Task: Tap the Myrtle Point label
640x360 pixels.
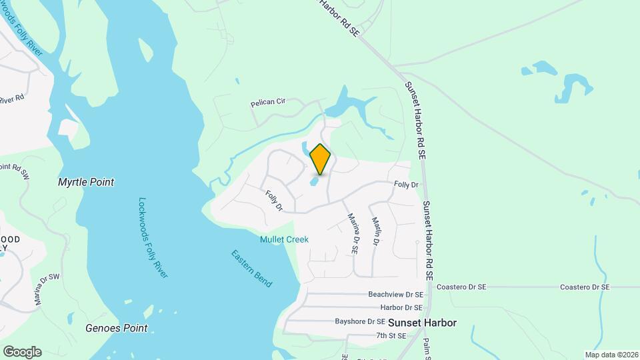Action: [x=86, y=182]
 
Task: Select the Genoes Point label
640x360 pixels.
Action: [x=116, y=328]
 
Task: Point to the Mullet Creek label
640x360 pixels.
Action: [x=284, y=239]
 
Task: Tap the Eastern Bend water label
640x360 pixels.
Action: [x=251, y=268]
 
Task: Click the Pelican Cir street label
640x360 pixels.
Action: [x=267, y=103]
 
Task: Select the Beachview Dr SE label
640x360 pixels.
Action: [x=396, y=294]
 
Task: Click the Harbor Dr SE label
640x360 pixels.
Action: [x=401, y=308]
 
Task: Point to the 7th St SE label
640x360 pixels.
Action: [x=391, y=336]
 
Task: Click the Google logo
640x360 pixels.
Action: [x=22, y=352]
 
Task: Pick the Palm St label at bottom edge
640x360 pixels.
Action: [x=427, y=347]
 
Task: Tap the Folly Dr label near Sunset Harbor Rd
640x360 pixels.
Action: [x=405, y=185]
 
